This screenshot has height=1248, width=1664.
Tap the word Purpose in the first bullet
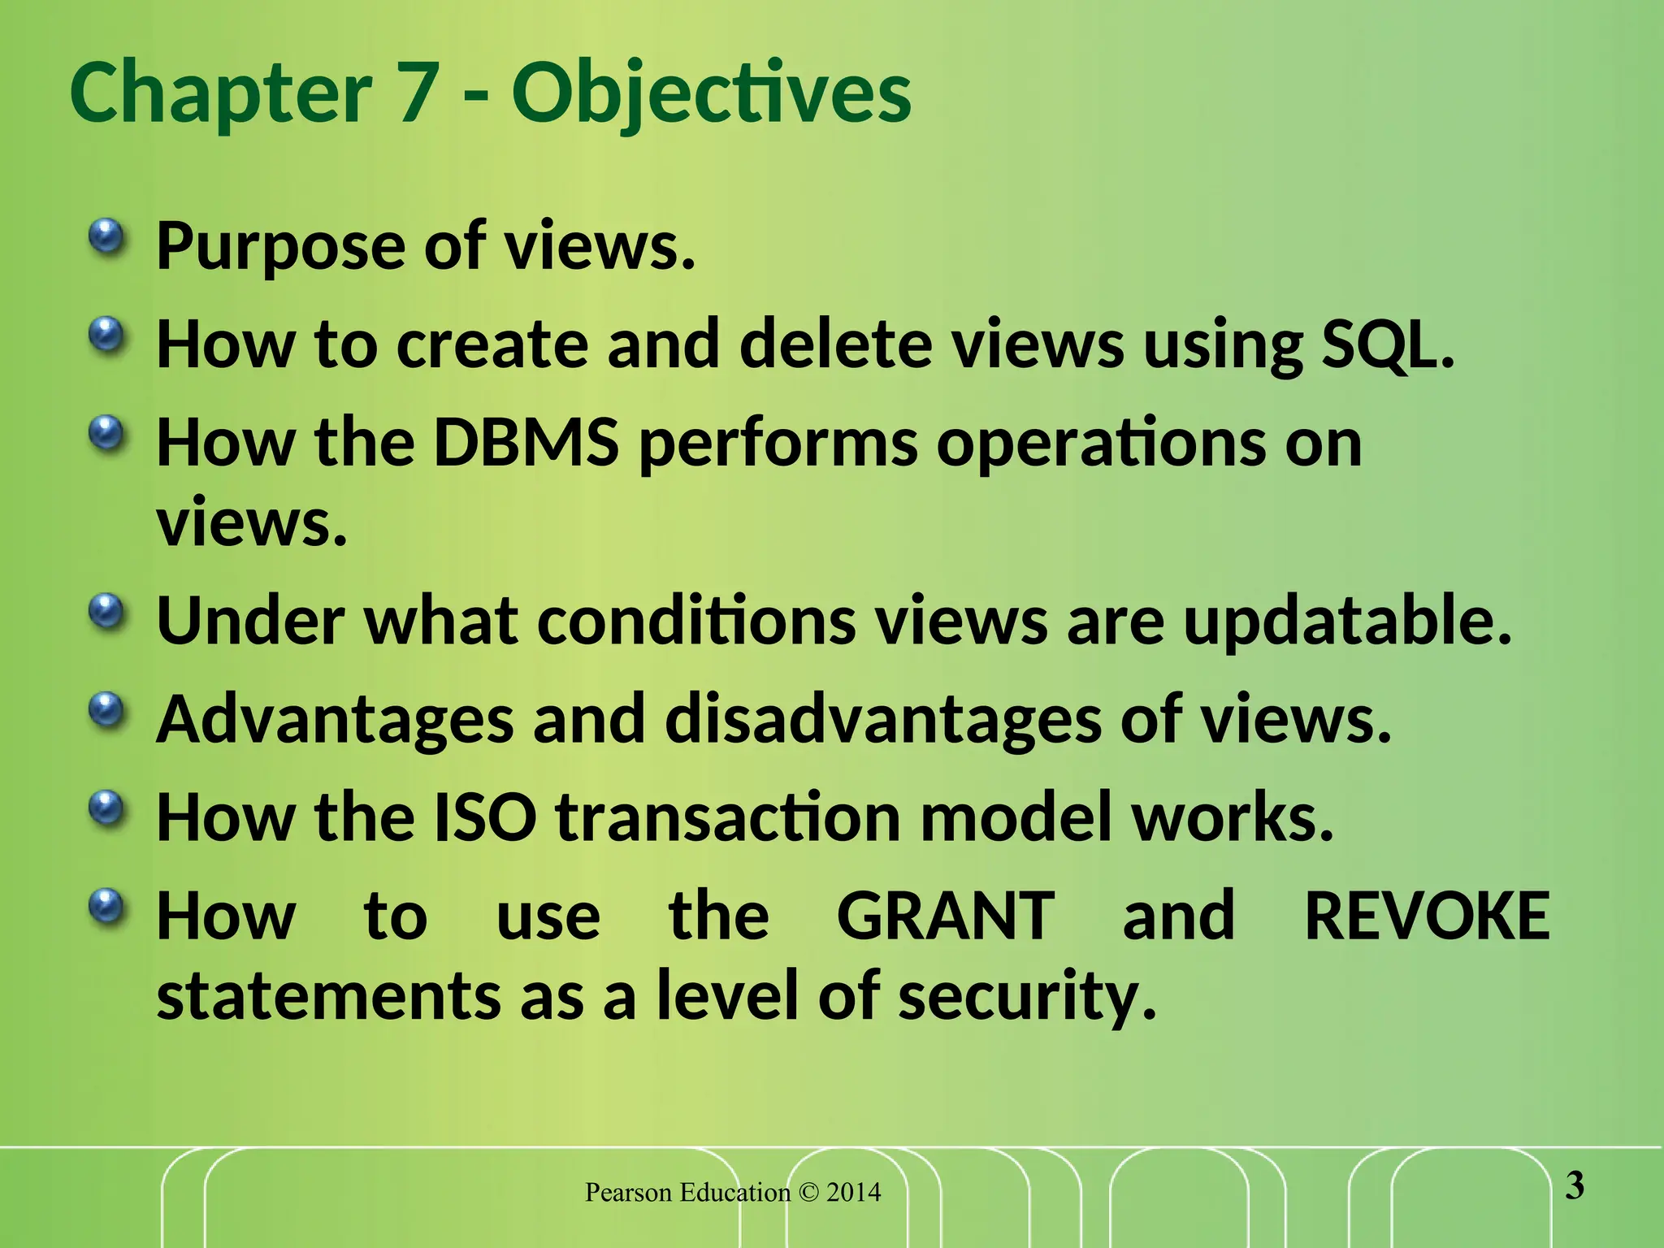pyautogui.click(x=280, y=246)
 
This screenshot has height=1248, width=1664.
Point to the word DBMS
pyautogui.click(x=526, y=444)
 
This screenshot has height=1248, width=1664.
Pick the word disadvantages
pyautogui.click(x=882, y=721)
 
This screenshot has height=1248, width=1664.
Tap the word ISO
pyautogui.click(x=484, y=818)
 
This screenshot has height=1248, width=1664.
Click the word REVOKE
pyautogui.click(x=1427, y=916)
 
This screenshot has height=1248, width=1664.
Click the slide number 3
pyautogui.click(x=1574, y=1186)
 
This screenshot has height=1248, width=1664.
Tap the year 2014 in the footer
pyautogui.click(x=853, y=1193)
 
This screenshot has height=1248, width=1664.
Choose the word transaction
pyautogui.click(x=728, y=818)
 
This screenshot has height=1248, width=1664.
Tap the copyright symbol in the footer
pyautogui.click(x=808, y=1193)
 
